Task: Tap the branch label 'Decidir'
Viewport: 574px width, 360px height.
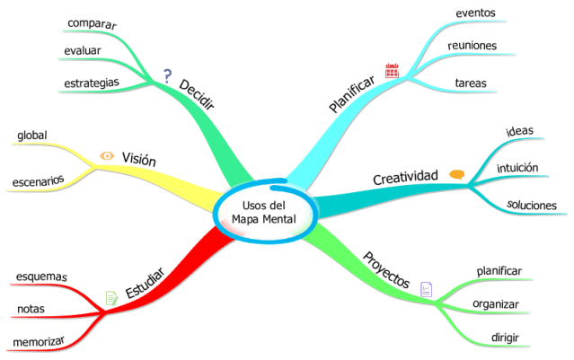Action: (197, 92)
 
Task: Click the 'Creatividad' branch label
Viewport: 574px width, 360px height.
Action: (404, 178)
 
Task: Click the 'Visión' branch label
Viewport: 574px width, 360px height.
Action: (138, 159)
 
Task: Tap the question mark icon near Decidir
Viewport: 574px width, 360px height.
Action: (166, 75)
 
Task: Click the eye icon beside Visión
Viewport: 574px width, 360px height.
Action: (106, 156)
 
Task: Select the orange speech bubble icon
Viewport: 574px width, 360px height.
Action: (456, 174)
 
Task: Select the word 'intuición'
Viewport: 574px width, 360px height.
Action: (517, 167)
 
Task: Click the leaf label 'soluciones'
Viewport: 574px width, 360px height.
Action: (531, 205)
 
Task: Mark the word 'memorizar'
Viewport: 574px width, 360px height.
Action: (40, 341)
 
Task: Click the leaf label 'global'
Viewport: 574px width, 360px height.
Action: (33, 136)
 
